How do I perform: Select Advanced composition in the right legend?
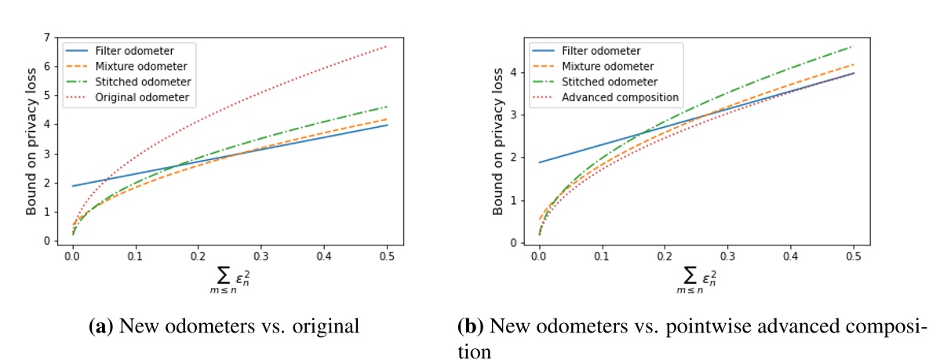click(x=620, y=97)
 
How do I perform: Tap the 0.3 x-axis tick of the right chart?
click(x=727, y=256)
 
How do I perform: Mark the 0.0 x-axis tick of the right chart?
click(x=539, y=256)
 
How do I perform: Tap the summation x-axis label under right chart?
click(x=696, y=276)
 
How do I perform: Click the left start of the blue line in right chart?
click(x=540, y=162)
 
